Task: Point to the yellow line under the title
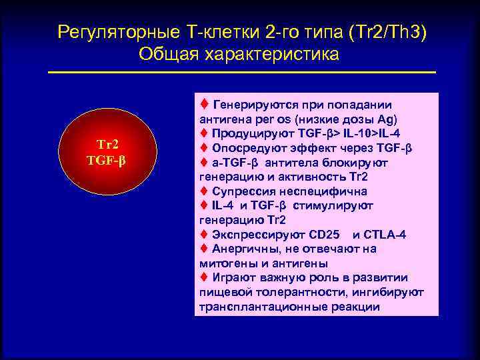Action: [x=242, y=72]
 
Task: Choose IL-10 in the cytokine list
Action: [x=360, y=133]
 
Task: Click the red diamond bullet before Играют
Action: [x=204, y=277]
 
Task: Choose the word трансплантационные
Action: [x=265, y=307]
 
